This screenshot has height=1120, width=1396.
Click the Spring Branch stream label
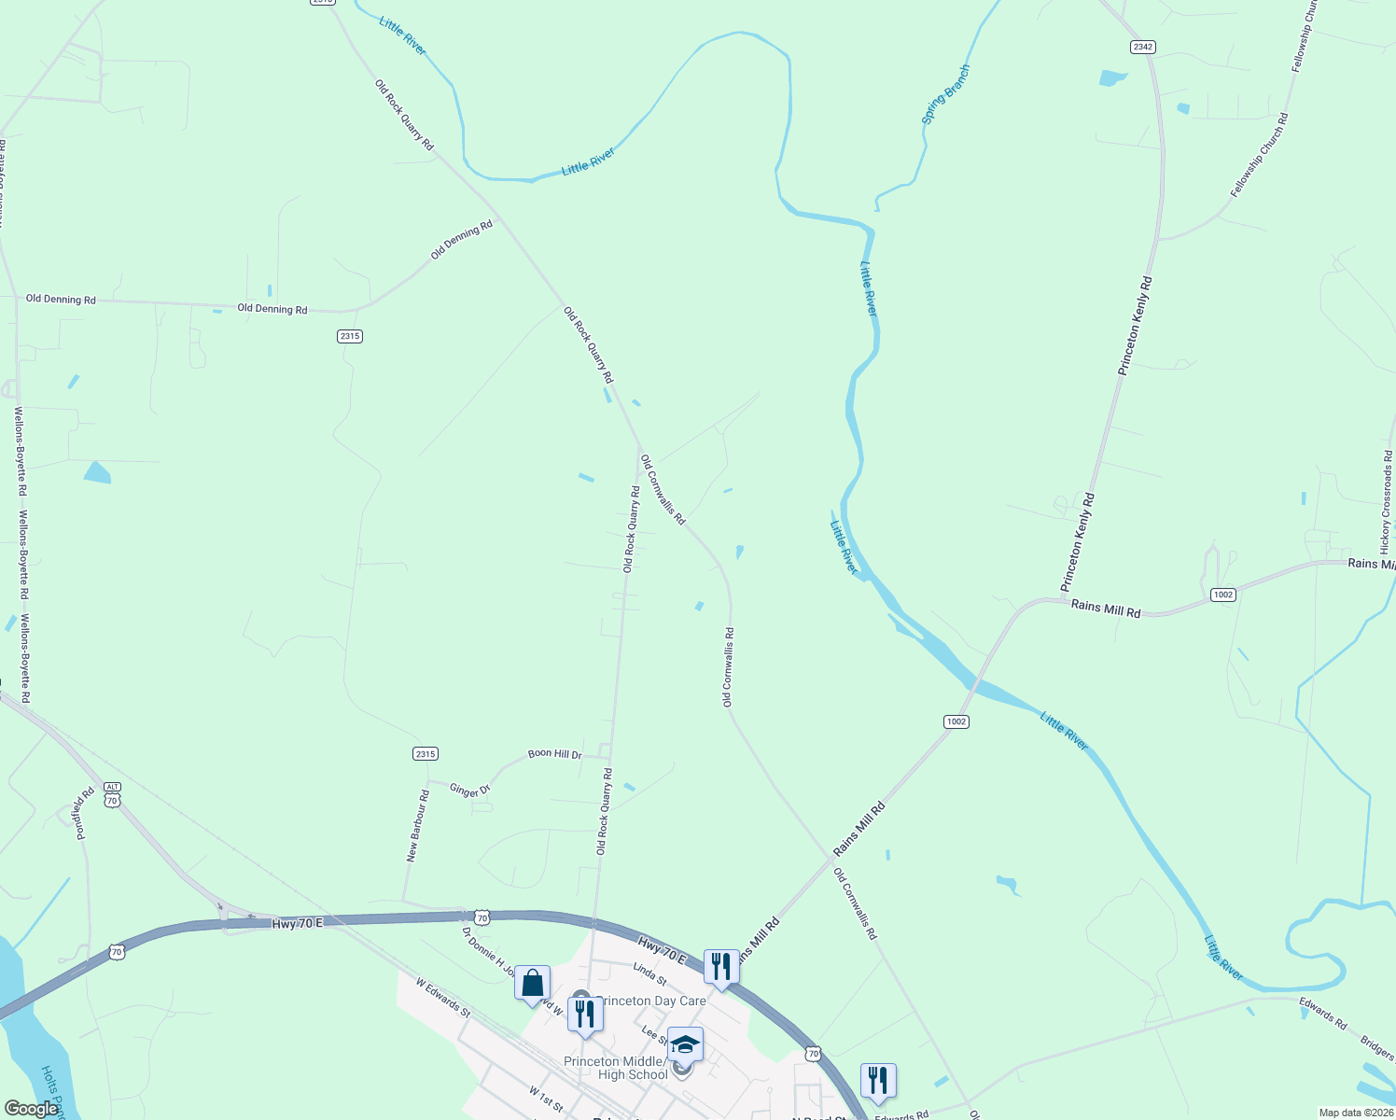pyautogui.click(x=945, y=94)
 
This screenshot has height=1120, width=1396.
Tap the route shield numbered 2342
pyautogui.click(x=1142, y=47)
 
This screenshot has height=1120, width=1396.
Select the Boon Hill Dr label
pyautogui.click(x=554, y=754)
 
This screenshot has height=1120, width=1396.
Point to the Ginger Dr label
pyautogui.click(x=469, y=791)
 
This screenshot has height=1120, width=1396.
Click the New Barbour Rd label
pyautogui.click(x=417, y=826)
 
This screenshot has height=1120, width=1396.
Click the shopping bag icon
pyautogui.click(x=532, y=984)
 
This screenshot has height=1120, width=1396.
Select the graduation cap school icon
pyautogui.click(x=685, y=1044)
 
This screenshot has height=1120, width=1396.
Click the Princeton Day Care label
pyautogui.click(x=652, y=1001)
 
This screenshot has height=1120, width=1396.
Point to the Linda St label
pyautogui.click(x=649, y=975)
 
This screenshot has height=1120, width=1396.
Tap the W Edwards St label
pyautogui.click(x=443, y=998)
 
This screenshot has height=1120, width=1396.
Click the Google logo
pyautogui.click(x=31, y=1109)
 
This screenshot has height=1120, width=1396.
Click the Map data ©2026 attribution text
pyautogui.click(x=1356, y=1113)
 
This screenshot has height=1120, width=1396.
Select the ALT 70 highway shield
pyautogui.click(x=112, y=794)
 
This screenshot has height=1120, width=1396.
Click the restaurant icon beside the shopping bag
pyautogui.click(x=585, y=1014)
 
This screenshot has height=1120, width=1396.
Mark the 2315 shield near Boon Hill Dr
pyautogui.click(x=425, y=753)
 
